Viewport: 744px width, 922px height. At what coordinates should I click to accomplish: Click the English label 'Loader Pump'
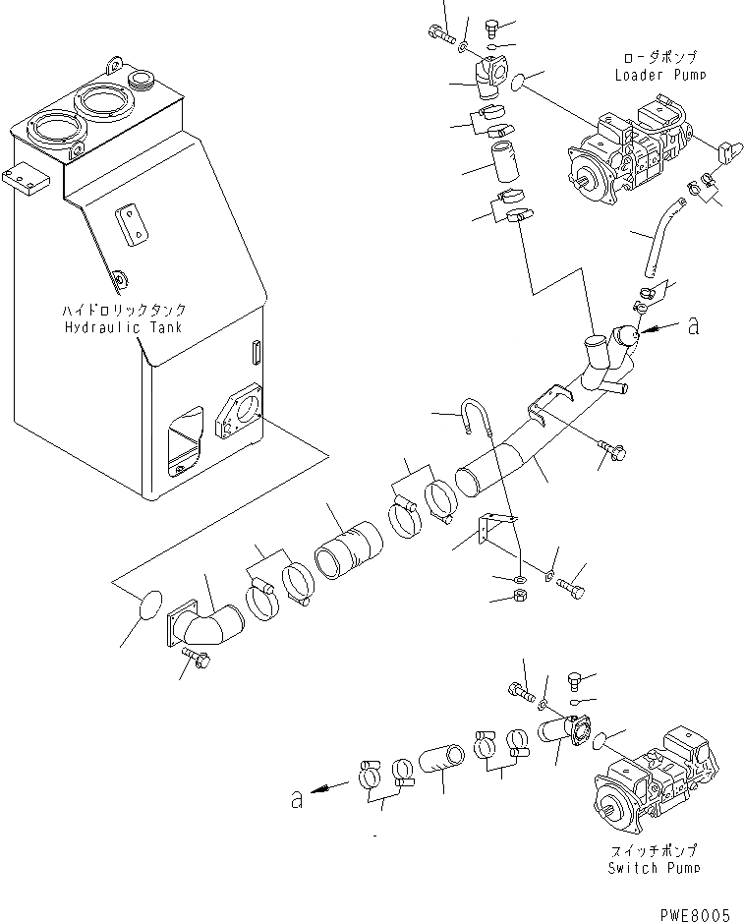659,75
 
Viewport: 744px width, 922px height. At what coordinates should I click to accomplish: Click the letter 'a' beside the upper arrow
693,326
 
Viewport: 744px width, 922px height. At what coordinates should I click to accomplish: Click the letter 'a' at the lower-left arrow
296,798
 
